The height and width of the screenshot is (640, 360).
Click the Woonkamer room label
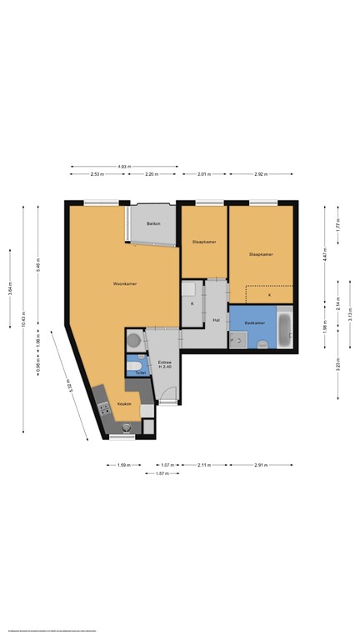125,284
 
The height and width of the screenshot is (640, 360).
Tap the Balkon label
153,224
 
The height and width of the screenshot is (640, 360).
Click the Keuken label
124,403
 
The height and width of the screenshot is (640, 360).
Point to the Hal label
216,319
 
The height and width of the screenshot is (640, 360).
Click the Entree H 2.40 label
164,364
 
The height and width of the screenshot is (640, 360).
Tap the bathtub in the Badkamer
285,328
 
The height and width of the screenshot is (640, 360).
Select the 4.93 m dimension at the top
124,167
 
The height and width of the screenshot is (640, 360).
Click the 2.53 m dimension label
97,174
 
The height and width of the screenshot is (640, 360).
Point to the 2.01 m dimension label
203,174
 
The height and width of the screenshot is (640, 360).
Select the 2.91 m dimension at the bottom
262,465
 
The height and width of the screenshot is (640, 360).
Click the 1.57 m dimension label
162,473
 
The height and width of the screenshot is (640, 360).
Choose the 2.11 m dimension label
203,465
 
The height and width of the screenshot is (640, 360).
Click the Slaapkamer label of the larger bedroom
262,254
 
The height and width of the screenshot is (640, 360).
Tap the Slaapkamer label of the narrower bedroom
204,242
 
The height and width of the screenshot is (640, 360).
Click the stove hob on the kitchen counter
104,408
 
